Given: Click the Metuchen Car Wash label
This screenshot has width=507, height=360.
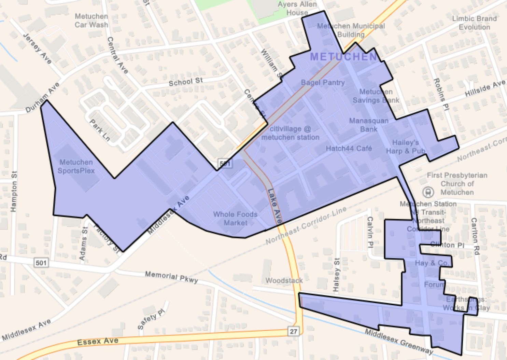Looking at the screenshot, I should tap(91, 20).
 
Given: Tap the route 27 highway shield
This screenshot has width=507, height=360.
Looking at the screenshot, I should tap(293, 331).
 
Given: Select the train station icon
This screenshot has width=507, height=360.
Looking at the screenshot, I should tap(428, 192).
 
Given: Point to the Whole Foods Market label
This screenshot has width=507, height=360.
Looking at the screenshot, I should tap(235, 219).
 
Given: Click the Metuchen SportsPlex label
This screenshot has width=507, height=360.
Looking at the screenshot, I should tap(76, 166).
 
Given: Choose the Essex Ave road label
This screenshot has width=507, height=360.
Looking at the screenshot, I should tap(98, 341).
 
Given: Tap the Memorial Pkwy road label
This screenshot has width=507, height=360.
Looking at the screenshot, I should tap(171, 277).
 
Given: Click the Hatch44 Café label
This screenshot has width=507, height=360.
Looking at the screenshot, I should tap(349, 148).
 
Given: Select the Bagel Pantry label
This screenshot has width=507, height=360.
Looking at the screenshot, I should tap(323, 82).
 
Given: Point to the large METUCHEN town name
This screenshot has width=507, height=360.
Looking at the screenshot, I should tap(343, 57).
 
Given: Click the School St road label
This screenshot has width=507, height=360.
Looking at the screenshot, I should tap(186, 82).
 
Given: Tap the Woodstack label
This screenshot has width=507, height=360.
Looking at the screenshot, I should tap(284, 280).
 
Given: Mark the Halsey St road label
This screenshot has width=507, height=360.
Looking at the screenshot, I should tap(337, 275).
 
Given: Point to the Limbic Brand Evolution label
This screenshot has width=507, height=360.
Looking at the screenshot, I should tap(474, 23).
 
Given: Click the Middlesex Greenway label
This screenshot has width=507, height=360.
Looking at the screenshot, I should tap(398, 341).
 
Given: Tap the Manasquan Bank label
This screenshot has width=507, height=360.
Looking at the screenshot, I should tap(368, 125).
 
